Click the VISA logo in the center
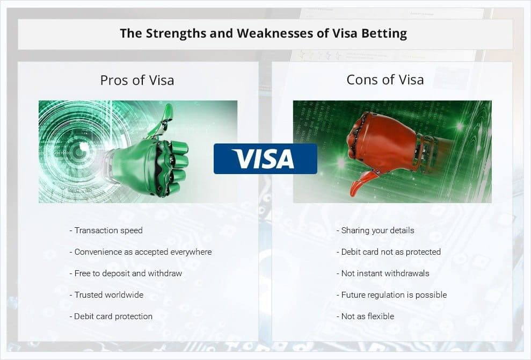[265, 159]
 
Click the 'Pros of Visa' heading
[137, 81]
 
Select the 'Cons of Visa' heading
[385, 80]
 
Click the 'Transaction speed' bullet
[106, 231]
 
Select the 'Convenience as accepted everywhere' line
[141, 252]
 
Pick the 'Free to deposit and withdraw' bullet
[126, 273]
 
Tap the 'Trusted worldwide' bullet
[106, 295]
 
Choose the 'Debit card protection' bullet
[111, 316]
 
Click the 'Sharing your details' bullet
[375, 231]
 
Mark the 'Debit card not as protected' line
[388, 252]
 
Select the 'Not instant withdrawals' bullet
[383, 273]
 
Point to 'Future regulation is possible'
[391, 295]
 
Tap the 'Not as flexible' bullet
[365, 316]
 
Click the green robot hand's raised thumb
[163, 120]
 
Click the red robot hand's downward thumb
[362, 183]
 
